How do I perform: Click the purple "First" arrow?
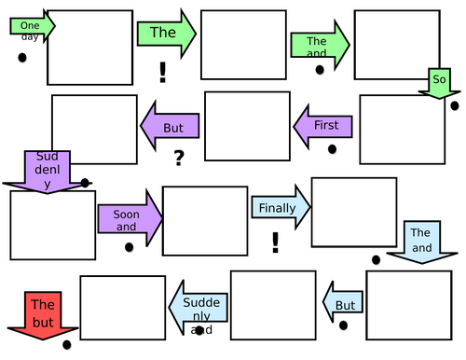pos(324,125)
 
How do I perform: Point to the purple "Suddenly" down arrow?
pos(47,170)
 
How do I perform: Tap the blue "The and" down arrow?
pos(420,241)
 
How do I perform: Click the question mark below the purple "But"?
pos(177,159)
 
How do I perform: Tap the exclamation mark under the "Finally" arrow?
pos(275,243)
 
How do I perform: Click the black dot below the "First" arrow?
pos(331,149)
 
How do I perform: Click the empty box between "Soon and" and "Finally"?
pos(204,220)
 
